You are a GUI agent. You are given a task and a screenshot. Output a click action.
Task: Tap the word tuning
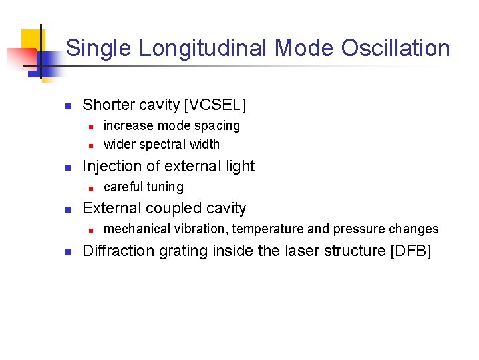point(166,187)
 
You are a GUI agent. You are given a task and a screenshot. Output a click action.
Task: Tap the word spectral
point(160,144)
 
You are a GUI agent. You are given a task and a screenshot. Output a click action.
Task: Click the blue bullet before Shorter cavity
point(67,105)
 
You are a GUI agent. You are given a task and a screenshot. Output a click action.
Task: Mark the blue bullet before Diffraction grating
point(67,251)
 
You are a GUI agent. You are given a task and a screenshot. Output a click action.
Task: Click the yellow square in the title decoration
point(31,41)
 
